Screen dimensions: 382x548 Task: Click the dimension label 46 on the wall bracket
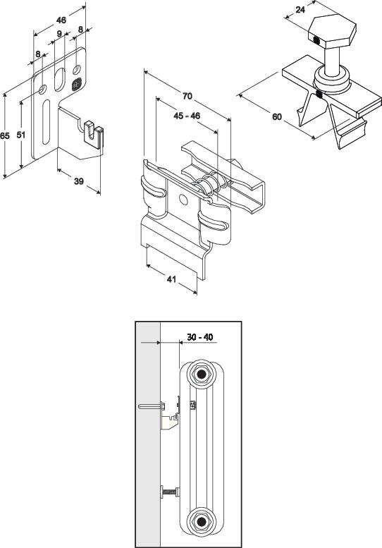click(61, 20)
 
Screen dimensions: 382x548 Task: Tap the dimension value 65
click(4, 135)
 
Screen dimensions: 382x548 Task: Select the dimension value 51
click(21, 135)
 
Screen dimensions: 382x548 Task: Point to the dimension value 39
click(79, 181)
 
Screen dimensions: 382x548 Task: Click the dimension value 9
click(59, 34)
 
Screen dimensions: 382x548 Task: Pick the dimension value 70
click(187, 96)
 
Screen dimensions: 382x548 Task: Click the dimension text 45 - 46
click(187, 116)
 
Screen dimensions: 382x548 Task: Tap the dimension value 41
click(171, 279)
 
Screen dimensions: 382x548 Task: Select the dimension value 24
click(300, 10)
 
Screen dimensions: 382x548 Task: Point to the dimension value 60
click(277, 116)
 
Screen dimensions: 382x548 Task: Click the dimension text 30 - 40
click(200, 337)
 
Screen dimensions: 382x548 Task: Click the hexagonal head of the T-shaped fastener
click(332, 32)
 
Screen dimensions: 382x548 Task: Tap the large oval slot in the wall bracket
click(60, 79)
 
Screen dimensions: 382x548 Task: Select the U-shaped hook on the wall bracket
click(94, 135)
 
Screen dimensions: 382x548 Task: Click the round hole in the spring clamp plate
click(183, 200)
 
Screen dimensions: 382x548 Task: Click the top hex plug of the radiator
click(201, 375)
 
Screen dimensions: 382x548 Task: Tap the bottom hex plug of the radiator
click(201, 522)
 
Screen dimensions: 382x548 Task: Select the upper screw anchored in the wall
click(152, 406)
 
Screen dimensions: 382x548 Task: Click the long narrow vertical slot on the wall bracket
click(46, 121)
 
